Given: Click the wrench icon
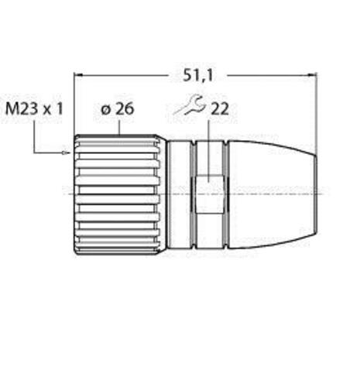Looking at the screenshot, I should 187,106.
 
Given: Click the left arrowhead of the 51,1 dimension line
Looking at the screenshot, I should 77,76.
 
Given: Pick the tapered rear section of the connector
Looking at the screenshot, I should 271,193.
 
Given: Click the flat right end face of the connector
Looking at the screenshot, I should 316,193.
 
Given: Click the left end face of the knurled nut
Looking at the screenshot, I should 75,193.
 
